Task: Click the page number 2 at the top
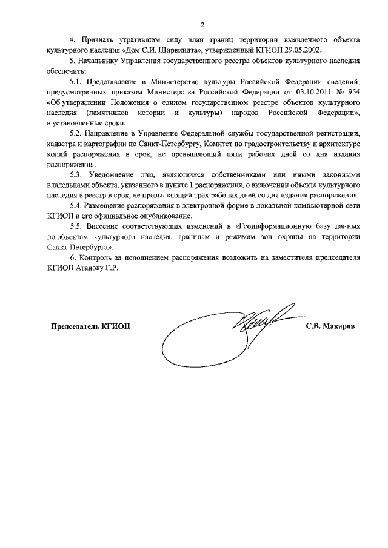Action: pos(202,25)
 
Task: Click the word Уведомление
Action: pos(115,175)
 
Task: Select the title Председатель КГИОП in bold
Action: pos(90,326)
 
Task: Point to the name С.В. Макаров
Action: pos(330,326)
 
